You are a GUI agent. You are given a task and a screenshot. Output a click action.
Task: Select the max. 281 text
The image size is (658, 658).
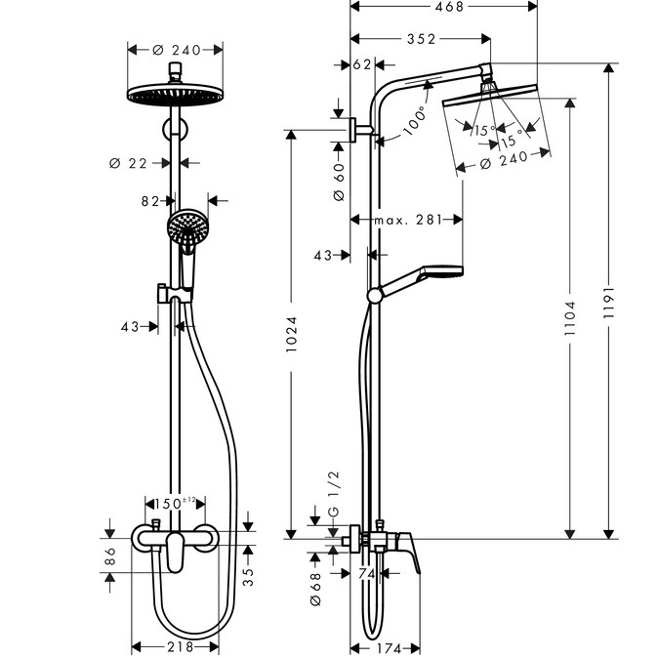click(x=407, y=221)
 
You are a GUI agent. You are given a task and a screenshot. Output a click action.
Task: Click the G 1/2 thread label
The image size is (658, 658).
click(x=333, y=494)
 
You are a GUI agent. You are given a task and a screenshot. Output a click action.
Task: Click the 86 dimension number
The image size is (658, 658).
click(x=110, y=557)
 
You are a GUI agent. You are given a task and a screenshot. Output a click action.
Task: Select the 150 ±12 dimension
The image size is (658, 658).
click(x=174, y=503)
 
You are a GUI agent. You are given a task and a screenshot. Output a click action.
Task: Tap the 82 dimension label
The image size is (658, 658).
click(x=150, y=202)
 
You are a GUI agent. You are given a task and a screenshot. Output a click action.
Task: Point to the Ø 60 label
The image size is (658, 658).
click(x=339, y=181)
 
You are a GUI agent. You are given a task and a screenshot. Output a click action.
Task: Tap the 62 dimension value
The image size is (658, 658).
click(x=362, y=66)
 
